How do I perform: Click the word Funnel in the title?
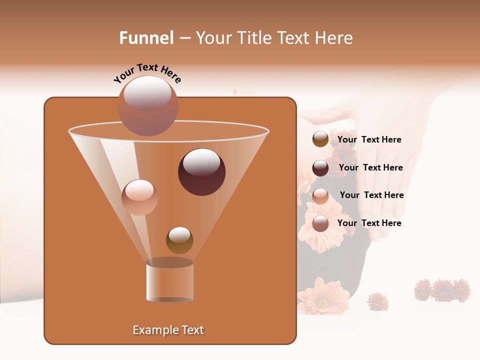pyautogui.click(x=146, y=38)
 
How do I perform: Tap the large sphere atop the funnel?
pyautogui.click(x=147, y=105)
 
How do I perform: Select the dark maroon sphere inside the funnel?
pyautogui.click(x=201, y=172)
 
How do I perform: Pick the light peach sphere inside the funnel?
pyautogui.click(x=139, y=197)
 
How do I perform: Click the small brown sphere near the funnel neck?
pyautogui.click(x=179, y=240)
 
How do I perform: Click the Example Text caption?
pyautogui.click(x=168, y=330)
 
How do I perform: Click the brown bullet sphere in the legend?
pyautogui.click(x=320, y=139)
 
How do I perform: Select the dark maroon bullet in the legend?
pyautogui.click(x=320, y=168)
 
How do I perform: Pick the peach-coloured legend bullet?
pyautogui.click(x=320, y=195)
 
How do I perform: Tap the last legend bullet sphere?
pyautogui.click(x=320, y=223)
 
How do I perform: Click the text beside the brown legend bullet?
pyautogui.click(x=369, y=139)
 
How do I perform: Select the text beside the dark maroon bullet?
pyautogui.click(x=370, y=167)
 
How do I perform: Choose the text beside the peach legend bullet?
pyautogui.click(x=371, y=195)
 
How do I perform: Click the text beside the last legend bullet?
pyautogui.click(x=369, y=223)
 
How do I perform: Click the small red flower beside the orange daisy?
pyautogui.click(x=378, y=301)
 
